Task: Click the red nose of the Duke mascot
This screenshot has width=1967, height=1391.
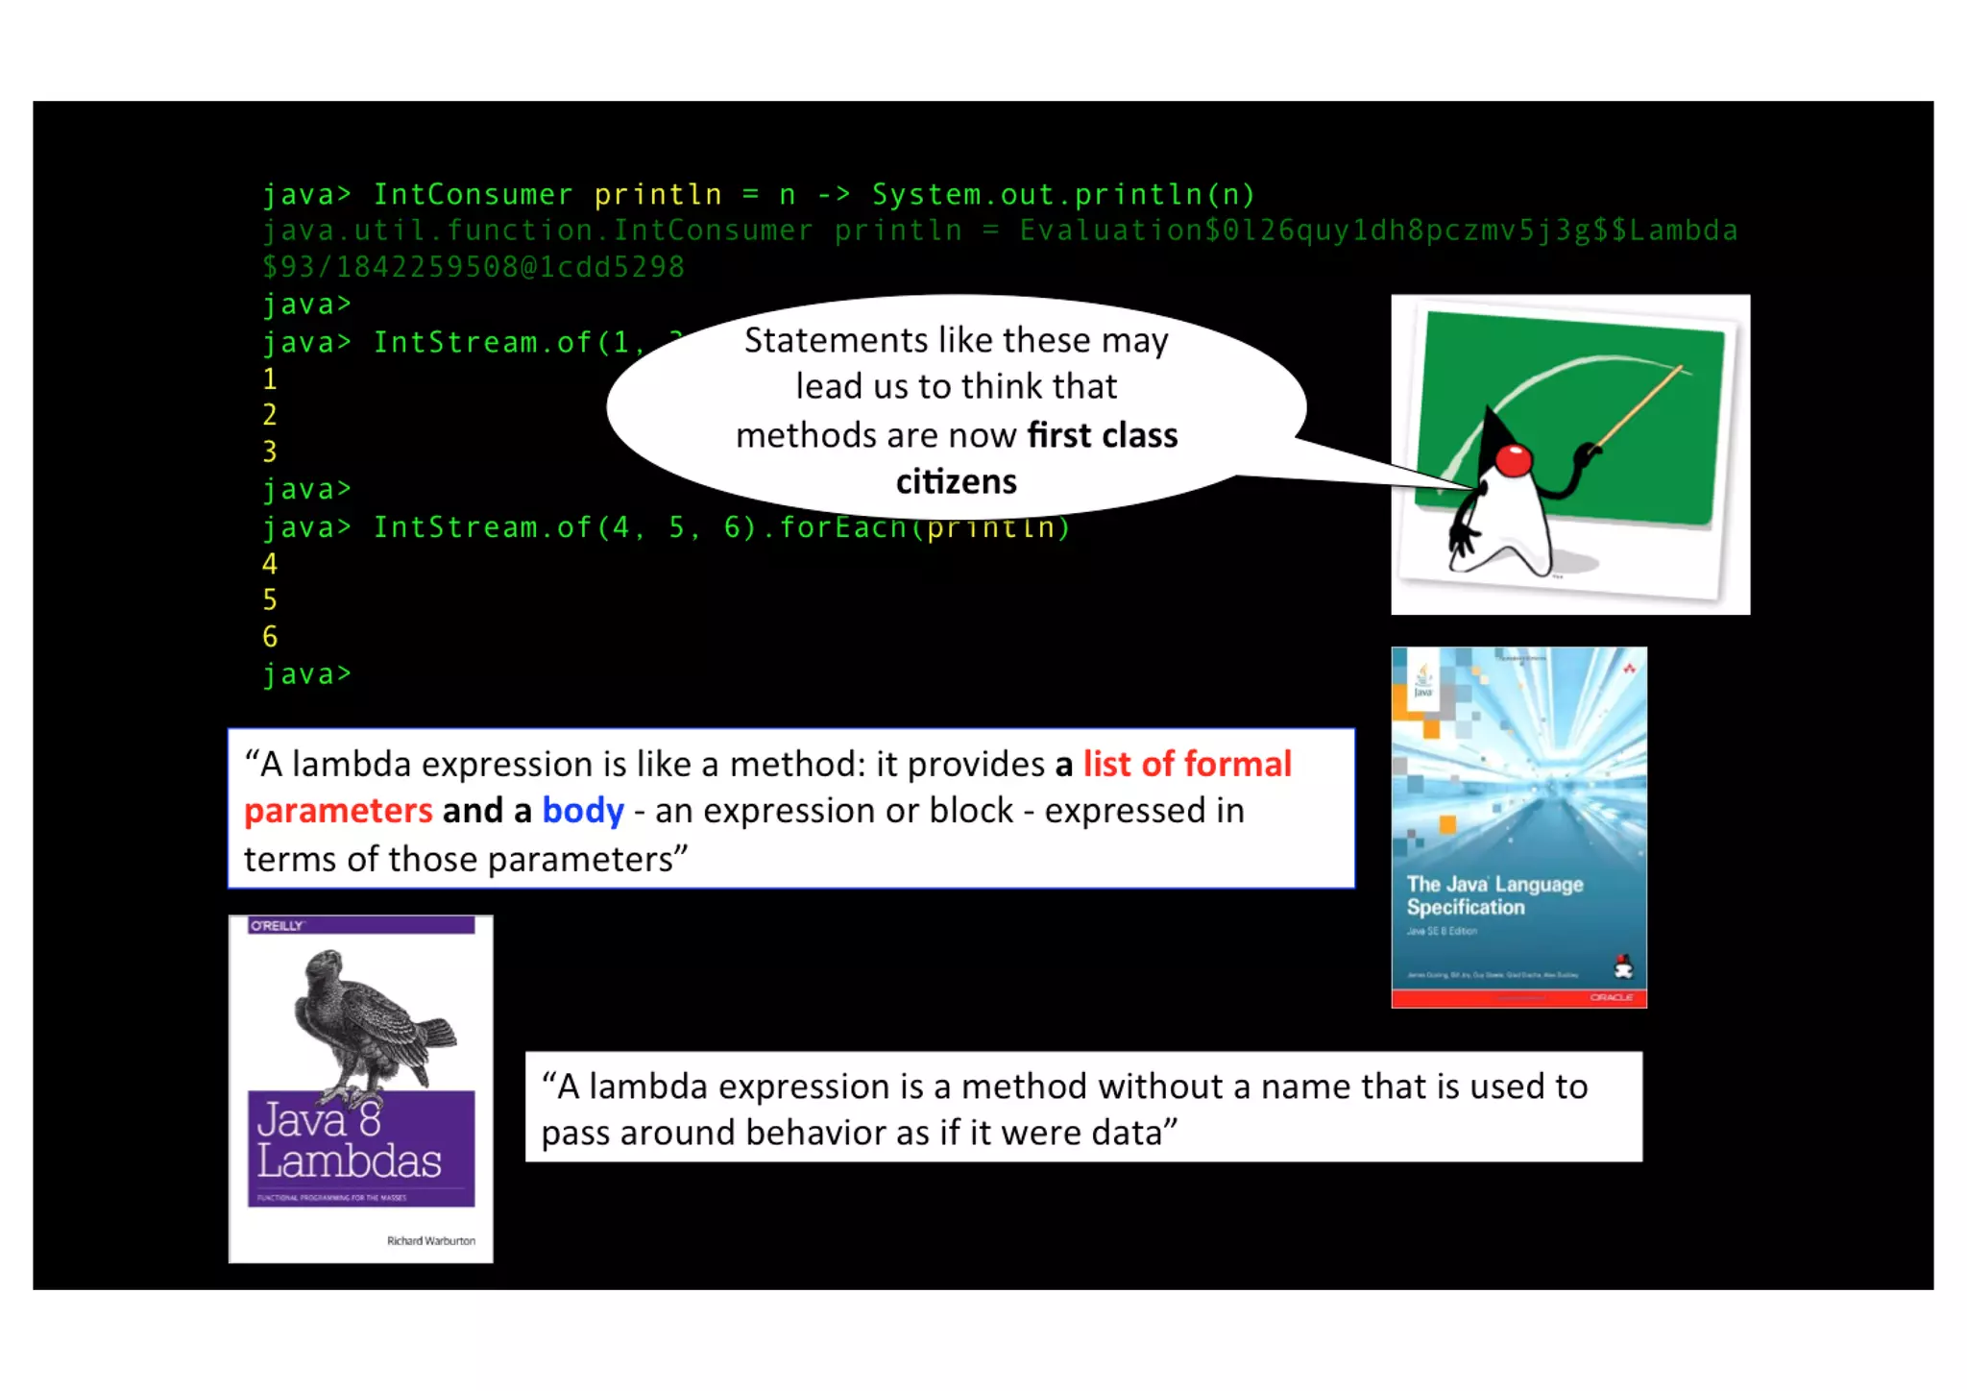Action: [1514, 460]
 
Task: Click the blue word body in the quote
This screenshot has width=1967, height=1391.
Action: [583, 811]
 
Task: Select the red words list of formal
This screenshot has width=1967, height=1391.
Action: [1187, 765]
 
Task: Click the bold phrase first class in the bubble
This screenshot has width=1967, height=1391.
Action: [1102, 435]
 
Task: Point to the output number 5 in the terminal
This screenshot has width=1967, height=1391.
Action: [270, 600]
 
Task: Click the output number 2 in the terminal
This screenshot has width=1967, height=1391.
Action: [270, 415]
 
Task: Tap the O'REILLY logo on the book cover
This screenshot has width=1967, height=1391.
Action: [277, 926]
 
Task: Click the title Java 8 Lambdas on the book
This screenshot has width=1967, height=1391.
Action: [349, 1141]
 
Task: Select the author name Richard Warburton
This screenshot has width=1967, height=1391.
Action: [430, 1241]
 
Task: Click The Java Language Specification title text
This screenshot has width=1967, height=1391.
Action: [1493, 895]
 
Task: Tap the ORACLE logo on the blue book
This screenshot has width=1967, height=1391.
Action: [1611, 997]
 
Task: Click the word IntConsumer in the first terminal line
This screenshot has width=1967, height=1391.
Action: [473, 195]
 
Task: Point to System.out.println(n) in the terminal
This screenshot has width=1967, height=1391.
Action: [1063, 195]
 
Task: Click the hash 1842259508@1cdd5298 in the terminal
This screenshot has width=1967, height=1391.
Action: [510, 267]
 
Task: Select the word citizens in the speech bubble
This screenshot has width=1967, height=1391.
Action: [956, 481]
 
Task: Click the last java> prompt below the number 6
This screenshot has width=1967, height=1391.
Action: [306, 674]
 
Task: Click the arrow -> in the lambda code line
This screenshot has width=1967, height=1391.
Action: [834, 195]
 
